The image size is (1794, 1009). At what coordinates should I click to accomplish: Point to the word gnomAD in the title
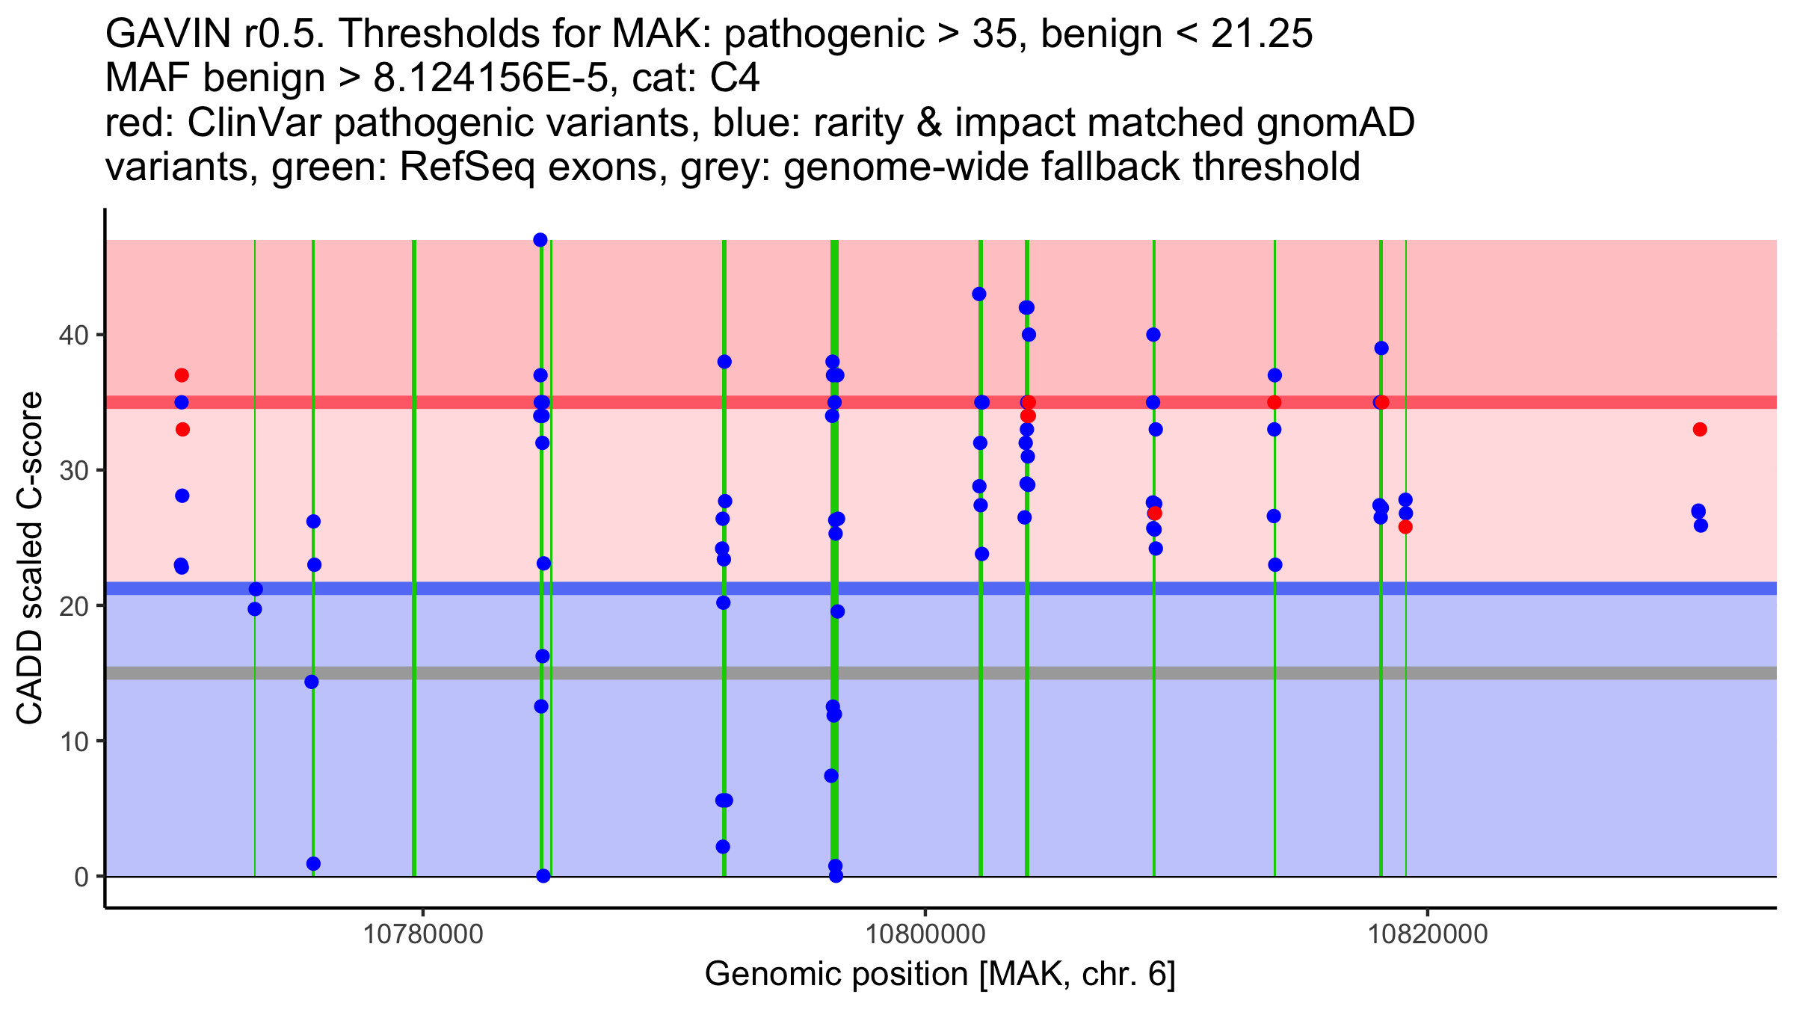(1335, 123)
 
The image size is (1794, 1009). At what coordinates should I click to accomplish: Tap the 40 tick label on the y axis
(73, 335)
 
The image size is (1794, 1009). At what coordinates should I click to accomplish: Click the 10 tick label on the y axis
(73, 741)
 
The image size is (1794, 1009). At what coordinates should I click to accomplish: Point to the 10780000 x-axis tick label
(423, 934)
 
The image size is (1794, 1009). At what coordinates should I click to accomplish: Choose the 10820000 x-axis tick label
(1428, 934)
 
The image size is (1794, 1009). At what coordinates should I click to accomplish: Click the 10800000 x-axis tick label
(925, 934)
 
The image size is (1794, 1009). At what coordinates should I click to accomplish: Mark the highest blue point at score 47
(540, 240)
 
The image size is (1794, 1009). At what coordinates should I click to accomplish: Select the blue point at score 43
(979, 294)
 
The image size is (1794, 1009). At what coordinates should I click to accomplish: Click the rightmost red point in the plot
(1700, 429)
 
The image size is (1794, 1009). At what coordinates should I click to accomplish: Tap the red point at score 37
(182, 375)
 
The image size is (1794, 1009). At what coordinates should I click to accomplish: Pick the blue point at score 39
(1381, 348)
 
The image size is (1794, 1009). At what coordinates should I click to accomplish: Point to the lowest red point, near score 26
(1405, 527)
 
